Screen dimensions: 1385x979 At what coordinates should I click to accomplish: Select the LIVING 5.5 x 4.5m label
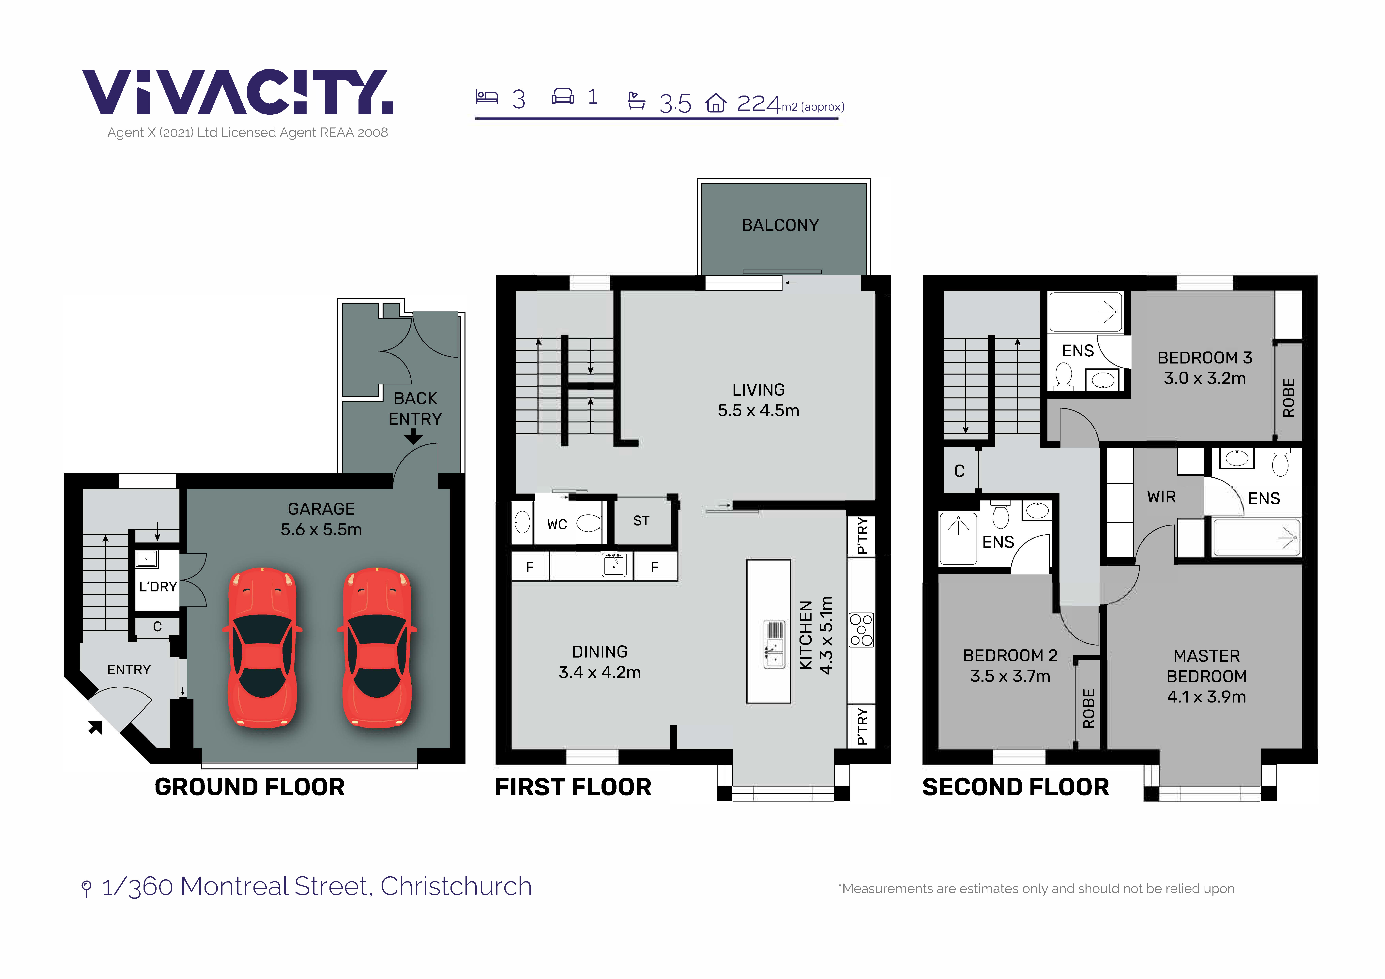point(758,400)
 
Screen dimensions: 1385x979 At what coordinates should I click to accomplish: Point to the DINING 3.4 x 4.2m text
point(600,662)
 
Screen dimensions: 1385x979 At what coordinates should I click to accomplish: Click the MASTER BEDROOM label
point(1206,676)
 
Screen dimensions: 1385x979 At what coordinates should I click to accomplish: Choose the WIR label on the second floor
point(1161,497)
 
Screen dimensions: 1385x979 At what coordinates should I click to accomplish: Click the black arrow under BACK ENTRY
point(413,436)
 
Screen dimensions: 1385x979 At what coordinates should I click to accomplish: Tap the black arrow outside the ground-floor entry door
point(95,727)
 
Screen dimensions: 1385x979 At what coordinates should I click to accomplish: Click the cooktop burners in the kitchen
point(861,630)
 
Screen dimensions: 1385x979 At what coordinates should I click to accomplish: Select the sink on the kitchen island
point(774,644)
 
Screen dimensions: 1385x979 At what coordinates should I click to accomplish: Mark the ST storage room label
point(641,521)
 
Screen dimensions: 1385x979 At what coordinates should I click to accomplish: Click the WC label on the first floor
point(557,524)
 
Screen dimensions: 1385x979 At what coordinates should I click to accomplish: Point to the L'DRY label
point(158,586)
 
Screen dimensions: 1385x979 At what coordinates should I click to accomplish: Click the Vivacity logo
point(237,92)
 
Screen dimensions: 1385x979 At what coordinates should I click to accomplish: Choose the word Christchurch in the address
point(456,886)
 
